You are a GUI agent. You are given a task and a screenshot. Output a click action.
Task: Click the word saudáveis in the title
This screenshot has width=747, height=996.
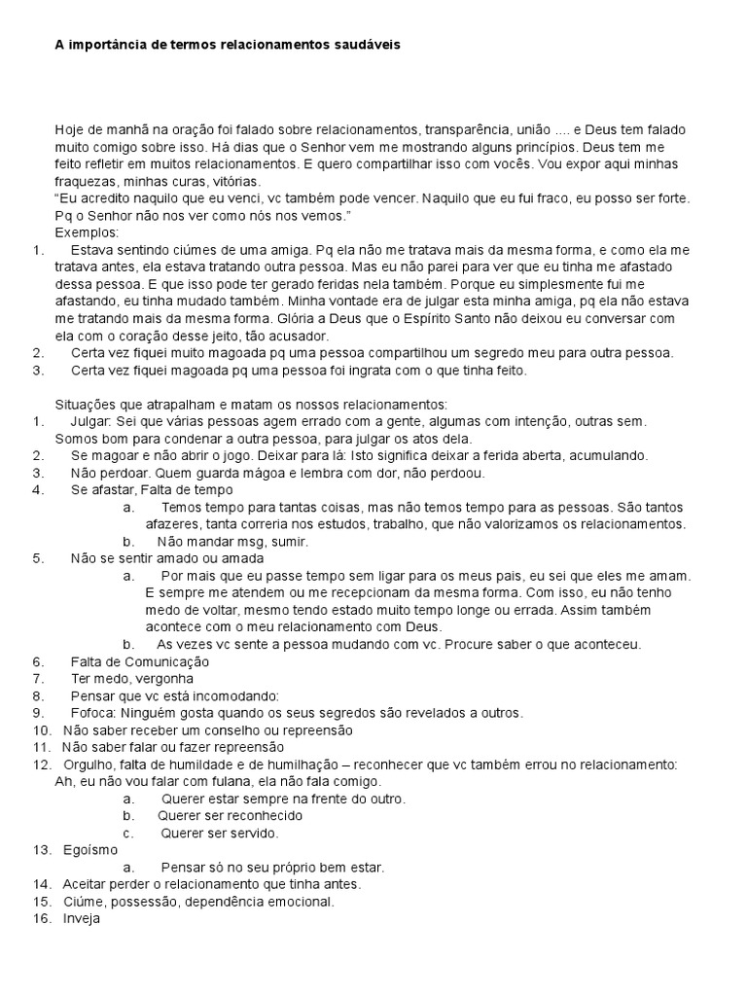(365, 45)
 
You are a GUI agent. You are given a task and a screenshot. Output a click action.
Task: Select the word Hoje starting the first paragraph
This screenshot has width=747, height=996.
(69, 128)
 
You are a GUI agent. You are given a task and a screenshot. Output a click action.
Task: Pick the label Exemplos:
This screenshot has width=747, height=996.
(87, 232)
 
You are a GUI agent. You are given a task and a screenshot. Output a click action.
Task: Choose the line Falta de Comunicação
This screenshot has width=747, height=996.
(140, 661)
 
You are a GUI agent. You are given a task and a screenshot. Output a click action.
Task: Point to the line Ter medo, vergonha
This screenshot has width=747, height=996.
(132, 678)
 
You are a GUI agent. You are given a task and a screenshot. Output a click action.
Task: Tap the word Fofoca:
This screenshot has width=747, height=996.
(93, 713)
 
